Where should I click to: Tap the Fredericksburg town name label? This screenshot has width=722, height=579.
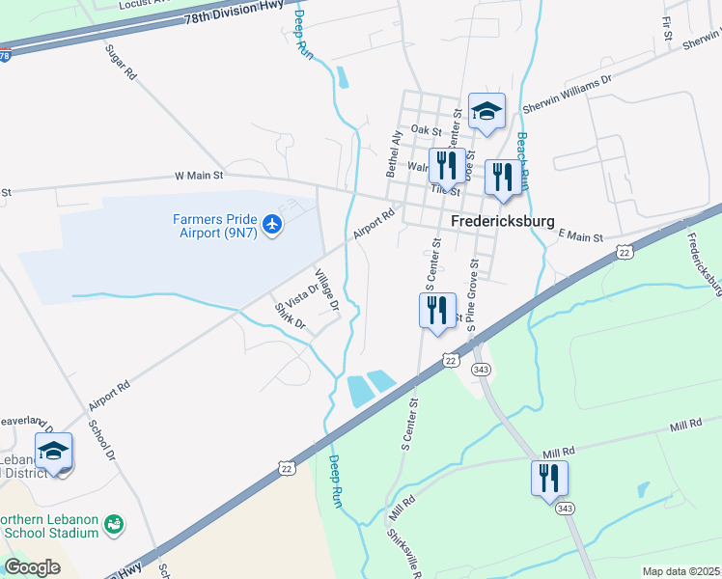(500, 220)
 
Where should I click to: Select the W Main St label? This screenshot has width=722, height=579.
(198, 176)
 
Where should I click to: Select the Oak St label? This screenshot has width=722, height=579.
(426, 129)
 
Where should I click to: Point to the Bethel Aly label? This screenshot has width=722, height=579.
(394, 153)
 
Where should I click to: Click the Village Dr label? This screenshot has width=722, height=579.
(327, 289)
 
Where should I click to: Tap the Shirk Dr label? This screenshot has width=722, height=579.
(290, 316)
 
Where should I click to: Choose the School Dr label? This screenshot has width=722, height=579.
(101, 439)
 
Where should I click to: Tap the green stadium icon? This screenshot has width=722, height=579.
(115, 524)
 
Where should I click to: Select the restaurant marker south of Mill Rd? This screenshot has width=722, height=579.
(549, 478)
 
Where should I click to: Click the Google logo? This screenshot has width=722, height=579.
(32, 567)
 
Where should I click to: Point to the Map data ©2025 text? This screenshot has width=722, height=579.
(681, 571)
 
